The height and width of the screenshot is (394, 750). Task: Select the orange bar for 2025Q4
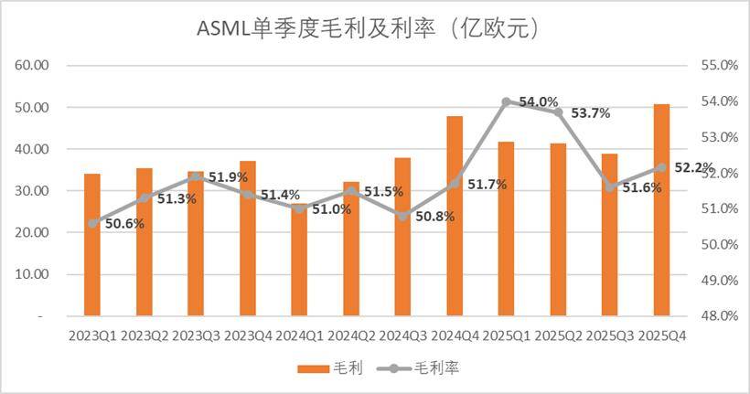(x=662, y=210)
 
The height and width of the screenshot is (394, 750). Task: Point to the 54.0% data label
(x=539, y=101)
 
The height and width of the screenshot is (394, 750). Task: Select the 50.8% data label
(x=434, y=217)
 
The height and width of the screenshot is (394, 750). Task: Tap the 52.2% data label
(x=693, y=166)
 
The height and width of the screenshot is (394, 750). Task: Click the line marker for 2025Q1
(x=506, y=101)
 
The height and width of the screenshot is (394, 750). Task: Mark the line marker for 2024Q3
(x=402, y=216)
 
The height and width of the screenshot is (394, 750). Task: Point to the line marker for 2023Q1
(x=91, y=223)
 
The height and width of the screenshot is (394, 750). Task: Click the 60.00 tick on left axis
(x=34, y=66)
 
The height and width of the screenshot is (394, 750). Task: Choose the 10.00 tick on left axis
(x=34, y=273)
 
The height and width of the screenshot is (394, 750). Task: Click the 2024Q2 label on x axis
(x=350, y=335)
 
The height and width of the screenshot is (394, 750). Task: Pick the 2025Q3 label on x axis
(x=610, y=335)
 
